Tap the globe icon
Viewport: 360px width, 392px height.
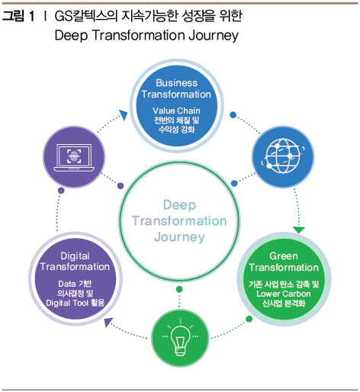click(x=283, y=156)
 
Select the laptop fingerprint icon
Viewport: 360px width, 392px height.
click(x=74, y=157)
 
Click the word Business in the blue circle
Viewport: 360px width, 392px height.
click(x=176, y=83)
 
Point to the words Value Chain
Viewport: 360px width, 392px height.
click(x=176, y=111)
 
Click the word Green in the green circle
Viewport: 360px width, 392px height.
click(x=284, y=256)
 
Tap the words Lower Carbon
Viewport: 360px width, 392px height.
click(x=284, y=294)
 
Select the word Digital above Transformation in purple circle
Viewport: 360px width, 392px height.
click(x=75, y=256)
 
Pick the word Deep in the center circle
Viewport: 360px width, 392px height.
click(x=179, y=205)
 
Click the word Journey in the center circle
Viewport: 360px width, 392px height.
click(x=179, y=237)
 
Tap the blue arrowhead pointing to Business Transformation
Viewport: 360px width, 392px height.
click(x=124, y=114)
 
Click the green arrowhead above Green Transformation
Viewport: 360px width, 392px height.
click(x=299, y=230)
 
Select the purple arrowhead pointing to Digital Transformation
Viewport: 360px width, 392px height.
click(x=108, y=322)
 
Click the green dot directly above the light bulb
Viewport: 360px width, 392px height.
click(x=179, y=289)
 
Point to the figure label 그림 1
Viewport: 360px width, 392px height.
click(x=18, y=16)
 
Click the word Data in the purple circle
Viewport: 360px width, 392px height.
click(x=67, y=284)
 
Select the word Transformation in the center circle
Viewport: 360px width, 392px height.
click(x=179, y=221)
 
